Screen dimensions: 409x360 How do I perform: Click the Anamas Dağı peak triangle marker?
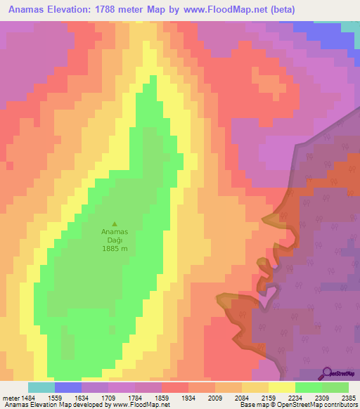(x=115, y=224)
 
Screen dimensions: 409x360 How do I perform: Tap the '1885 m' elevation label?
(x=114, y=249)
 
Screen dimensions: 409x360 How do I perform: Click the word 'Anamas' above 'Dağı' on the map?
(x=114, y=232)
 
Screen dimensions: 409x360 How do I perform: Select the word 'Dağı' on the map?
(x=114, y=240)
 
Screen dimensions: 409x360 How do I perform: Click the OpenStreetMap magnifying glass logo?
(x=328, y=372)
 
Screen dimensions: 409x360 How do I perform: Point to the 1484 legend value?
(x=28, y=398)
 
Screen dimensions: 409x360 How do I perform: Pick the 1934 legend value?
(x=188, y=398)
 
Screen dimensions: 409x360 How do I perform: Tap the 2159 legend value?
(x=268, y=398)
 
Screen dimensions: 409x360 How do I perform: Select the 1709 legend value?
(x=108, y=398)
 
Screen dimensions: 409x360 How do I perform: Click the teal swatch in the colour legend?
(x=41, y=387)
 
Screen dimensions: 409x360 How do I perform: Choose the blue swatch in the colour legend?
(x=68, y=387)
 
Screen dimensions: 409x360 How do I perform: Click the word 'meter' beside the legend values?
(x=11, y=398)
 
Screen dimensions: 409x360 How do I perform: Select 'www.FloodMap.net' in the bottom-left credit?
(x=138, y=405)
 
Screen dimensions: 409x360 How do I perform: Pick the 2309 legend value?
(x=321, y=398)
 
